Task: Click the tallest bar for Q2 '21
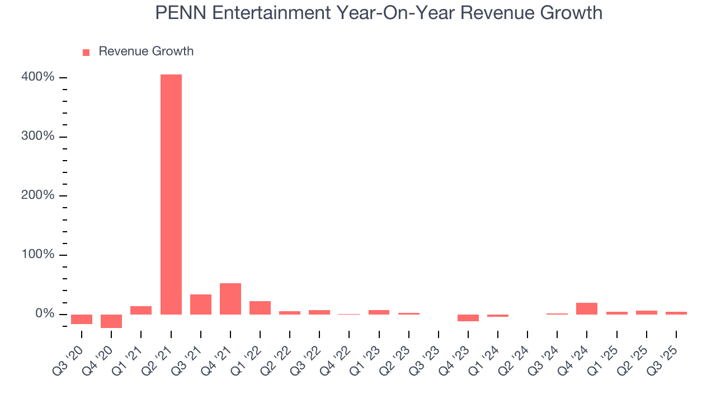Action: (x=171, y=194)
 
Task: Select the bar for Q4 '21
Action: (x=230, y=299)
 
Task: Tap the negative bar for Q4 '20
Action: (x=111, y=321)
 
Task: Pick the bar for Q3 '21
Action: (x=201, y=304)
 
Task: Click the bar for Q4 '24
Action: (x=587, y=308)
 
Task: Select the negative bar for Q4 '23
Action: (x=468, y=317)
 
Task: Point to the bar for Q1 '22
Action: (x=260, y=308)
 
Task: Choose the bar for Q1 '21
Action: (x=141, y=310)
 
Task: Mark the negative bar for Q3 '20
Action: (x=82, y=319)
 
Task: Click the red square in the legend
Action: (x=86, y=53)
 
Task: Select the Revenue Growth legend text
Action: (x=146, y=51)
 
